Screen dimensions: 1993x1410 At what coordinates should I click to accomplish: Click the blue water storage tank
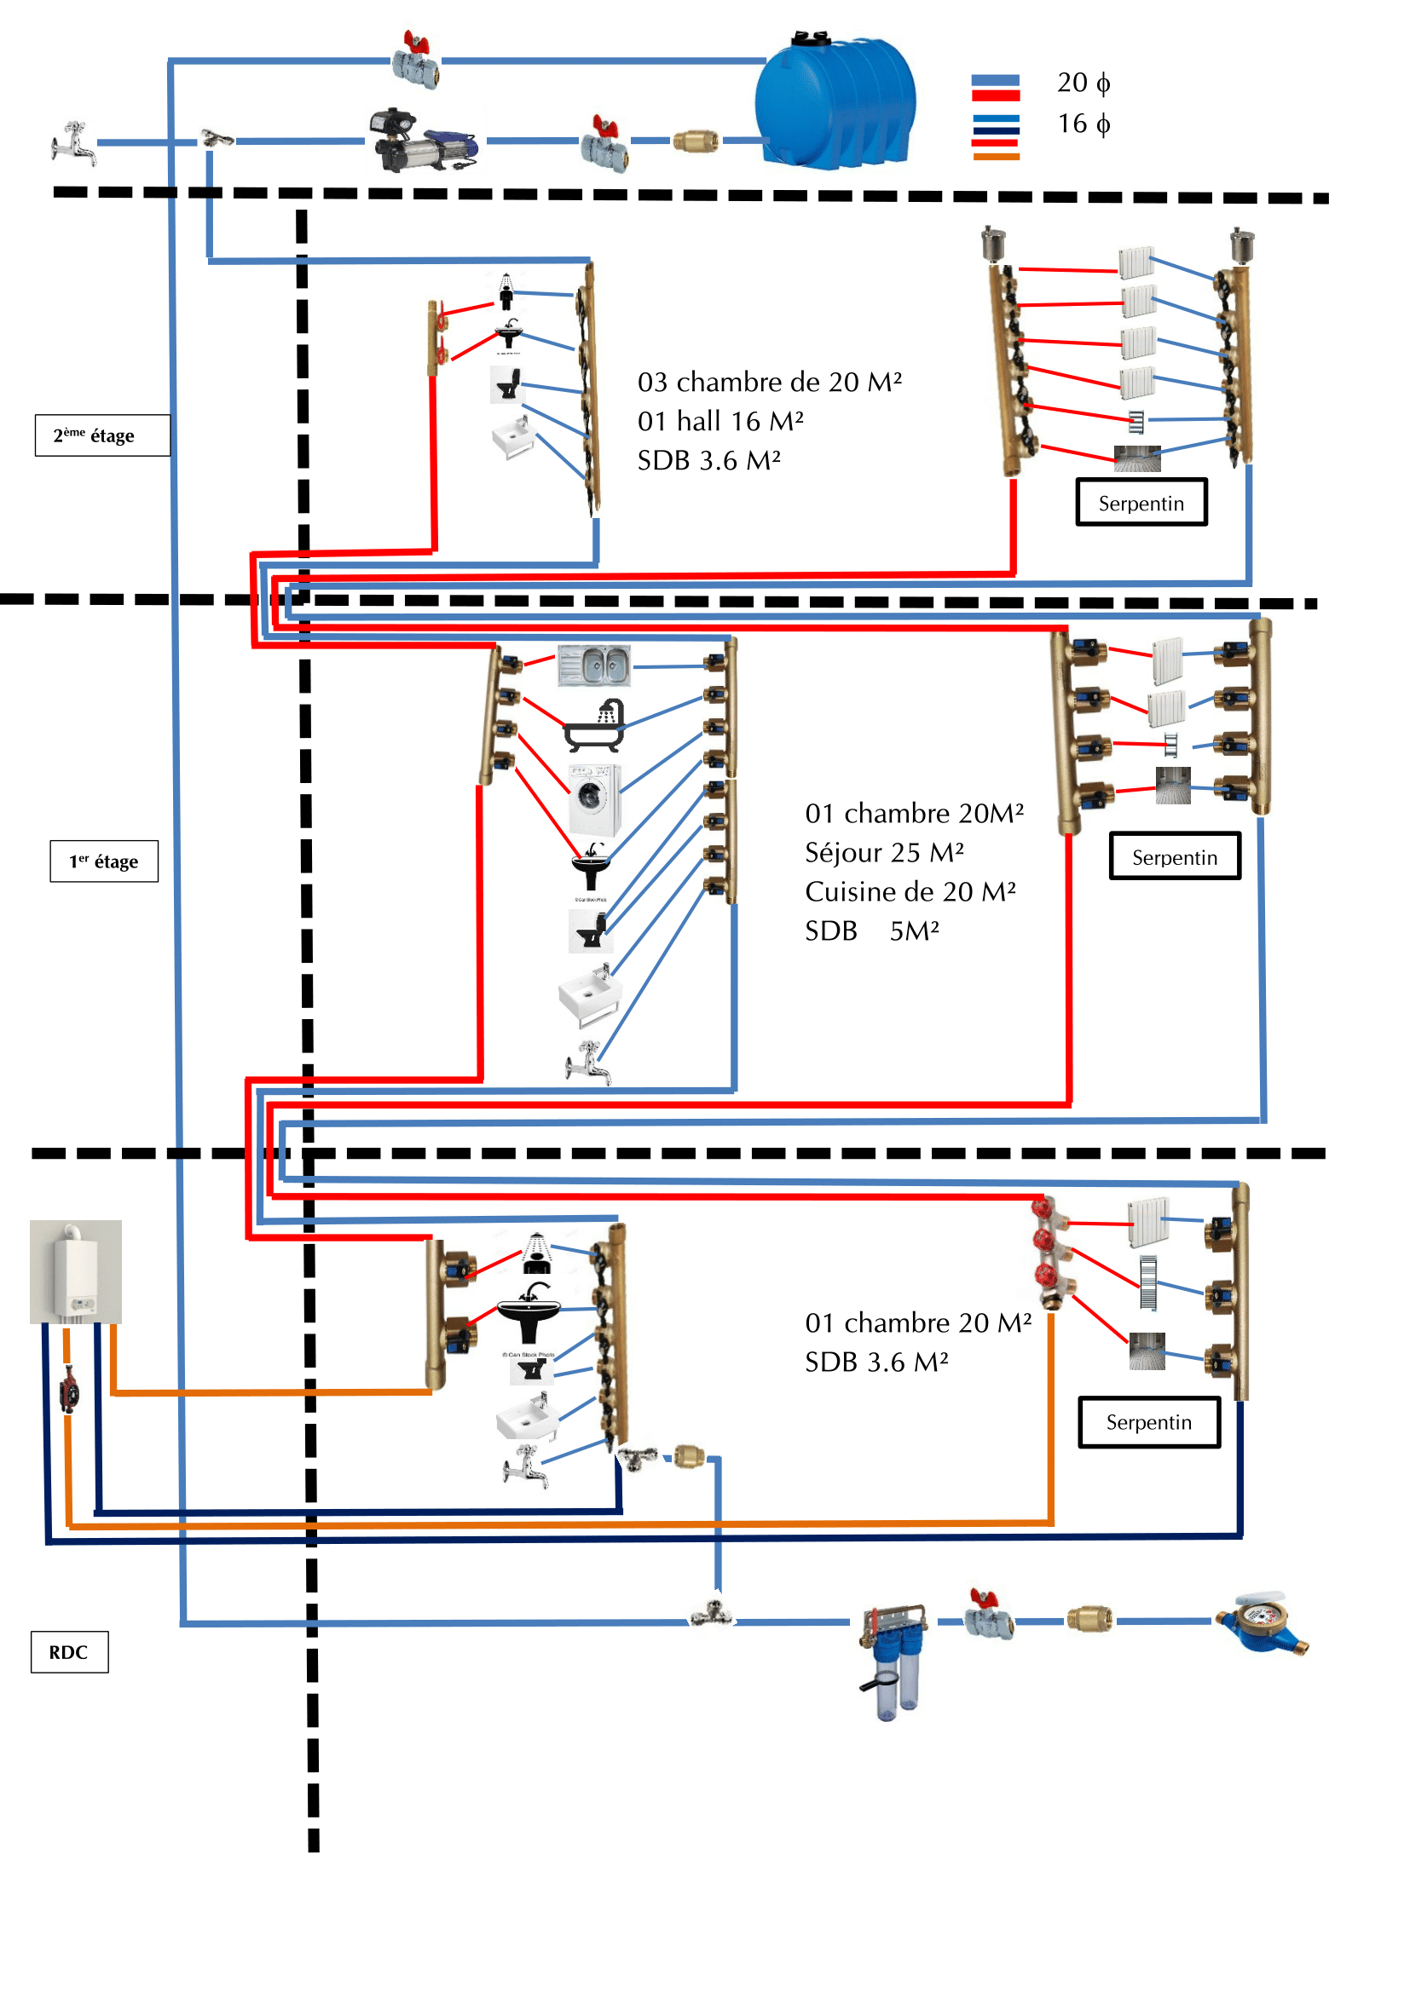tap(835, 102)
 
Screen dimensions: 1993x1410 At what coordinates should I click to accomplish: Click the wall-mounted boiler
tap(76, 1271)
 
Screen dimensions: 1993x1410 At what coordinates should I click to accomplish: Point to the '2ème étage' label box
tap(101, 435)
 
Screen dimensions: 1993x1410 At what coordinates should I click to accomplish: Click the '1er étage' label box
tap(104, 861)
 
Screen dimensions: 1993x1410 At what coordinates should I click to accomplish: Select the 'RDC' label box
tap(69, 1652)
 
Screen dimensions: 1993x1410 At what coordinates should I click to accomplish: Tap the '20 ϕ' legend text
tap(1083, 83)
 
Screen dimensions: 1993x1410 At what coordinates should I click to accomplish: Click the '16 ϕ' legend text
tap(1083, 124)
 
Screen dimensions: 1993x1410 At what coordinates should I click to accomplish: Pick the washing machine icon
tap(595, 798)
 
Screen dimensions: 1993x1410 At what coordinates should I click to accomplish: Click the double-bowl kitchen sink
tap(594, 665)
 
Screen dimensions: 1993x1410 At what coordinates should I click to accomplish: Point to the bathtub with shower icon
tap(596, 727)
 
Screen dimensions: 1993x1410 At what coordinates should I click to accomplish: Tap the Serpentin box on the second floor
tap(1141, 503)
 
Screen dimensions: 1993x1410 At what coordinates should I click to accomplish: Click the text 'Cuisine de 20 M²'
tap(910, 891)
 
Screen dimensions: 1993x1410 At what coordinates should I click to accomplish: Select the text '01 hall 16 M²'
tap(719, 421)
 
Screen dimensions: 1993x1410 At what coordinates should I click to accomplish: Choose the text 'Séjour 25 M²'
tap(884, 852)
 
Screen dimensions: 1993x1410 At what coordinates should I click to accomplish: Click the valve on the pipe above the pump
tap(417, 59)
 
